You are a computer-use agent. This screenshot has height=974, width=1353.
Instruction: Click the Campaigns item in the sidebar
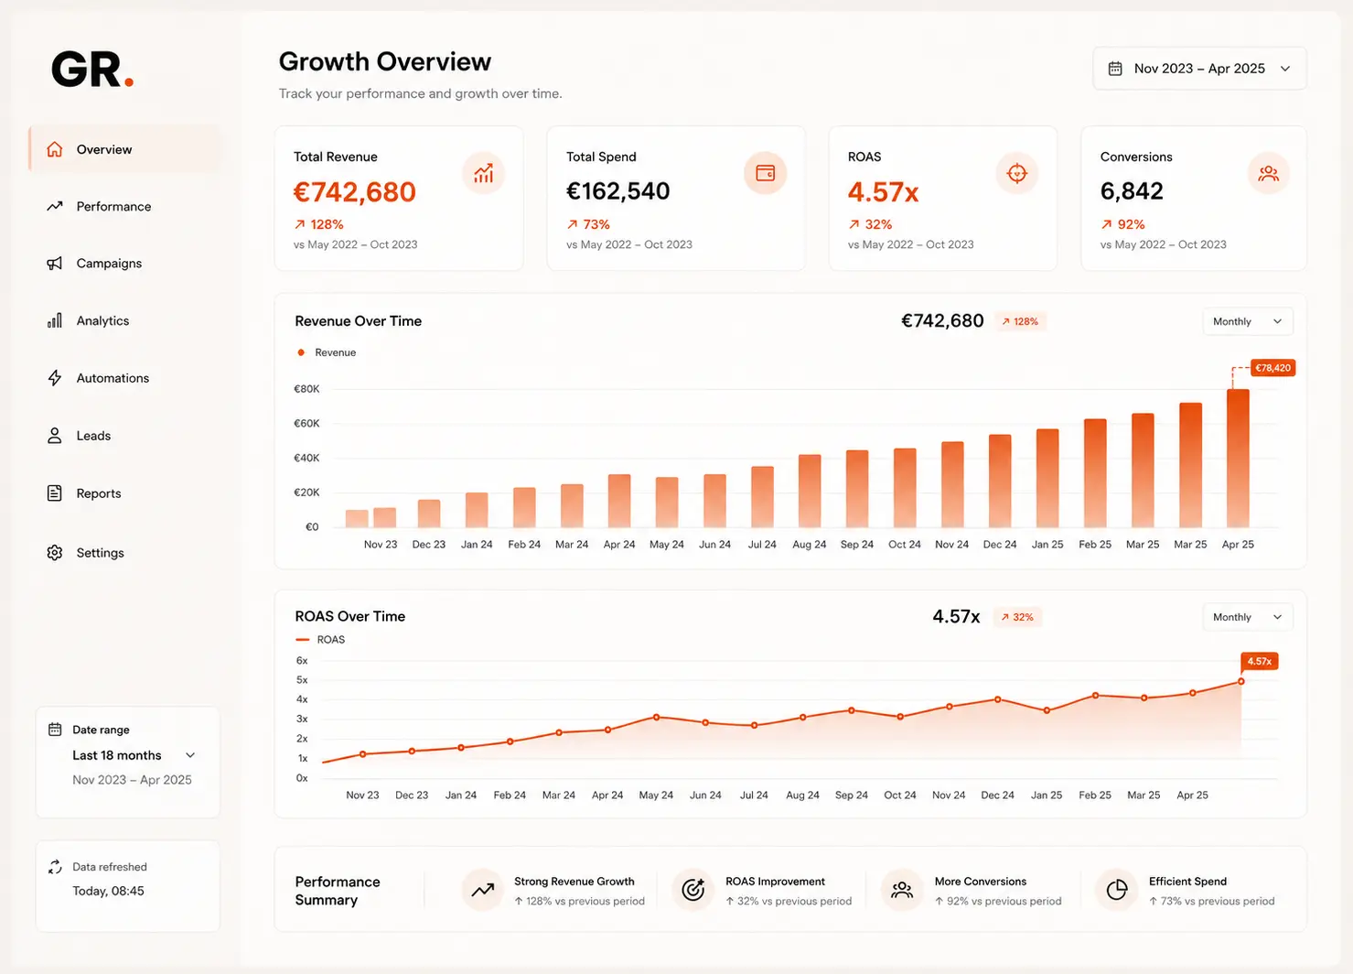click(94, 263)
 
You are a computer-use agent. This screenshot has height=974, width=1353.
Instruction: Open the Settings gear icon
click(54, 553)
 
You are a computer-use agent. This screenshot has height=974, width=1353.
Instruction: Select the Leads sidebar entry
click(79, 436)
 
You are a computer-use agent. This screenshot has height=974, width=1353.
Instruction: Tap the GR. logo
click(92, 69)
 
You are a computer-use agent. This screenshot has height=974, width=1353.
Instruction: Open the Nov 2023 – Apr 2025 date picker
click(1199, 69)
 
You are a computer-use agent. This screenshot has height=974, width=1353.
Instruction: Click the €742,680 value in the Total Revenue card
click(355, 192)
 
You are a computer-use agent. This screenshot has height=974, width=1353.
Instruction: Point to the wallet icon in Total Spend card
click(766, 174)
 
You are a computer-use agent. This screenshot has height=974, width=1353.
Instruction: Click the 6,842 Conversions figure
click(1132, 191)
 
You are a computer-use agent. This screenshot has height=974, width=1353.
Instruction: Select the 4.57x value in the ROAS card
click(883, 192)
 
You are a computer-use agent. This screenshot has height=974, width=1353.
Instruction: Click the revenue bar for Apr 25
click(1238, 459)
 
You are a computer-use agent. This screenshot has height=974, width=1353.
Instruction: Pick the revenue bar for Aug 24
click(810, 491)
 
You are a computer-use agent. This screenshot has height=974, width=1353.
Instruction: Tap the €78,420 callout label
click(1272, 368)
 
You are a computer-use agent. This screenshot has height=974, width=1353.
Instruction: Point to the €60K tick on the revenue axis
click(306, 423)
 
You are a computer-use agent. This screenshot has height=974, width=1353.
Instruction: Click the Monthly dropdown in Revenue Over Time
click(1247, 321)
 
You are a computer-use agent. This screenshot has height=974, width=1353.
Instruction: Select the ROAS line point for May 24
click(657, 717)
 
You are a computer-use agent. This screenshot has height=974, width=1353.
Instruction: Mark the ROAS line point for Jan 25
click(1047, 710)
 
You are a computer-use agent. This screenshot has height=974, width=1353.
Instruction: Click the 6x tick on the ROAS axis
click(302, 660)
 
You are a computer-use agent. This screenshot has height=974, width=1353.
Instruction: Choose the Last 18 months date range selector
click(133, 755)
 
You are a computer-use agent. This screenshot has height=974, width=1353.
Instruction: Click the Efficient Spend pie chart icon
click(1117, 890)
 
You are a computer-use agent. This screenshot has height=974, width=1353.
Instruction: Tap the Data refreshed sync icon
click(55, 866)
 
